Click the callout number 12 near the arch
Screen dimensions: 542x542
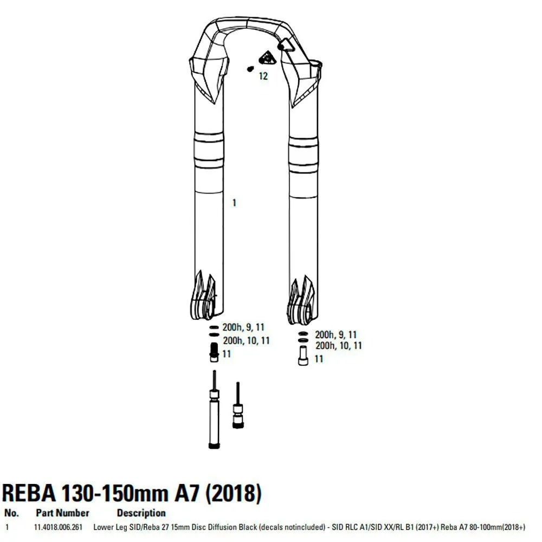tap(263, 76)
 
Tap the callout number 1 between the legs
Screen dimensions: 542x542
tap(234, 203)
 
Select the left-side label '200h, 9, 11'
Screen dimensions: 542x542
tap(243, 327)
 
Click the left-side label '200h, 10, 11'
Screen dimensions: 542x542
tap(246, 340)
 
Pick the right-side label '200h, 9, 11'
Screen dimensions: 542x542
tap(335, 334)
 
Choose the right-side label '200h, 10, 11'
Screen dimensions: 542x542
tap(338, 345)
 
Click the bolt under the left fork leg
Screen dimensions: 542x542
tap(214, 352)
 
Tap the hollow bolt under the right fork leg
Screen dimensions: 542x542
tap(303, 356)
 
